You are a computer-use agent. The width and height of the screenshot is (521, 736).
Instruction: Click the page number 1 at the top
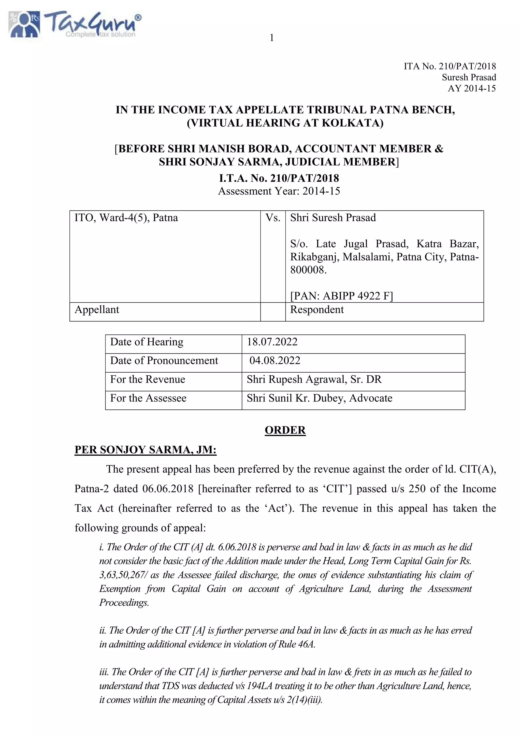[272, 38]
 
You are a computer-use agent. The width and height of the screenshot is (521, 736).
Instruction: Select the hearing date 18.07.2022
[272, 342]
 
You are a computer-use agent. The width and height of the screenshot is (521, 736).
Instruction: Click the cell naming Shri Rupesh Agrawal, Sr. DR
[314, 379]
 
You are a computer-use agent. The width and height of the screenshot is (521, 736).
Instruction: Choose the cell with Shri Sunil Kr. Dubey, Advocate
[319, 398]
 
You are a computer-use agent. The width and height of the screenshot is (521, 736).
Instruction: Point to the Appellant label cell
[97, 310]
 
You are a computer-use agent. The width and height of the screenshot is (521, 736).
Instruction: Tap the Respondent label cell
[317, 310]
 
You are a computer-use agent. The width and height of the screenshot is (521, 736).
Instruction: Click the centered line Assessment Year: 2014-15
[279, 191]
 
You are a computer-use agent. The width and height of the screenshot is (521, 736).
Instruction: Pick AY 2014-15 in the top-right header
[472, 88]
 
